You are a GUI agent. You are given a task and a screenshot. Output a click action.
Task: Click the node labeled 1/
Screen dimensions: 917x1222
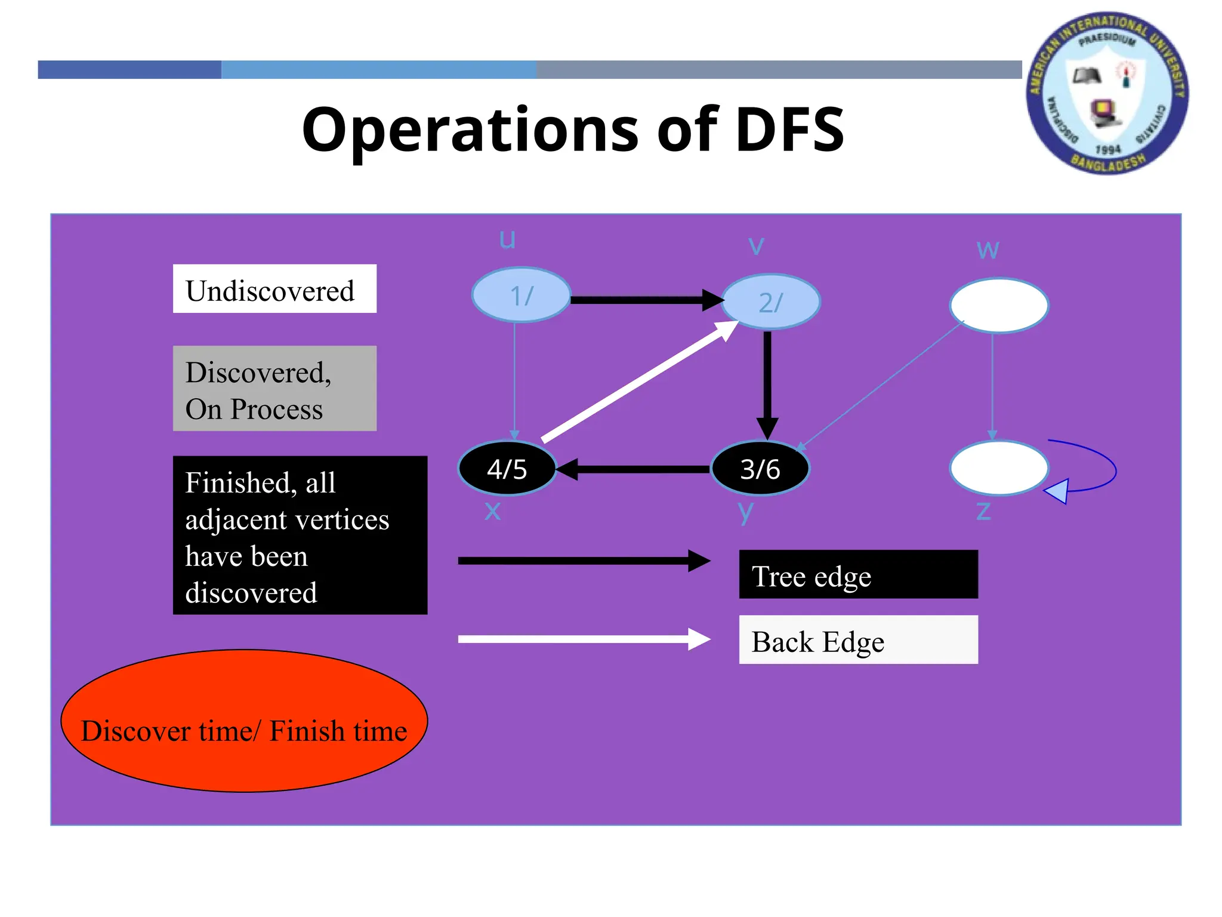pyautogui.click(x=521, y=295)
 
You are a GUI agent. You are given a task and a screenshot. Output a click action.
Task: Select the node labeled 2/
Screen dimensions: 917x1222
pyautogui.click(x=770, y=301)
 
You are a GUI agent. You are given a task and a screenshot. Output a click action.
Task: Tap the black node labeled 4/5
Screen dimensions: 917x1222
pyautogui.click(x=507, y=469)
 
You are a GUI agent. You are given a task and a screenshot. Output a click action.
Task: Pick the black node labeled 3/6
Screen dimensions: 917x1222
pyautogui.click(x=760, y=469)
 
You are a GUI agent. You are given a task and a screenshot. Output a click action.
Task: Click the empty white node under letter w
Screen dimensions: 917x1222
pyautogui.click(x=999, y=305)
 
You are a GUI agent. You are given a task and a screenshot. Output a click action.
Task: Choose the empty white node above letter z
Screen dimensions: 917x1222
pyautogui.click(x=999, y=468)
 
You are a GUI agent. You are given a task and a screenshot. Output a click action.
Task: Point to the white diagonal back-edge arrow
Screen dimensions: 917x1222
pyautogui.click(x=638, y=383)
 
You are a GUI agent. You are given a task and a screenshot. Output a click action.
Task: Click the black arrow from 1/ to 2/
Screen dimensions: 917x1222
pyautogui.click(x=644, y=300)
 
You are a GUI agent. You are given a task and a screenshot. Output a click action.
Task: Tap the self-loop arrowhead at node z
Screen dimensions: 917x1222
pyautogui.click(x=1057, y=491)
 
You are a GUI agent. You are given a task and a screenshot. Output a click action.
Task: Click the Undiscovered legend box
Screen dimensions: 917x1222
pyautogui.click(x=274, y=289)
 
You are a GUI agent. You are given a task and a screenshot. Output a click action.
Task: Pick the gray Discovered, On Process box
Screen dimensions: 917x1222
pyautogui.click(x=274, y=389)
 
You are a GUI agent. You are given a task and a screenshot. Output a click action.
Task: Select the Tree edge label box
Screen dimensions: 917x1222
pyautogui.click(x=858, y=574)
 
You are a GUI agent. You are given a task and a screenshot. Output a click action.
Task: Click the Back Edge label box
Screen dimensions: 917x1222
pyautogui.click(x=858, y=639)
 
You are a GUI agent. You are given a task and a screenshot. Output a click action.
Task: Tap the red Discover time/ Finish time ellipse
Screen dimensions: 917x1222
pyautogui.click(x=244, y=721)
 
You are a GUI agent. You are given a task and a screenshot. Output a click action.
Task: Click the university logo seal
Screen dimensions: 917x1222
pyautogui.click(x=1107, y=94)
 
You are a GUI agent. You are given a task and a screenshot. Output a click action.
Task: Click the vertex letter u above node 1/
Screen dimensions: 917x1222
pyautogui.click(x=507, y=239)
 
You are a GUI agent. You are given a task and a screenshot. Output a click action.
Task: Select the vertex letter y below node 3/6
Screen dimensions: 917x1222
pyautogui.click(x=746, y=512)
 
